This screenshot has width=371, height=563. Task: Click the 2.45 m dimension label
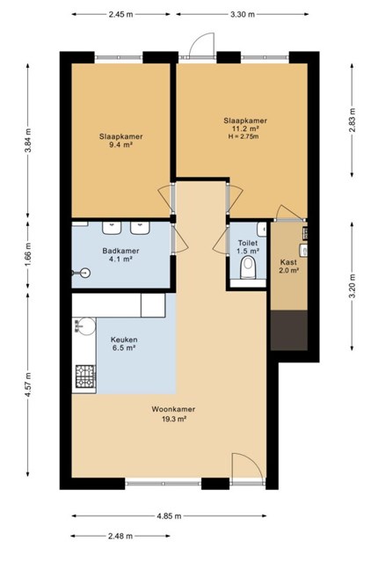(x=121, y=14)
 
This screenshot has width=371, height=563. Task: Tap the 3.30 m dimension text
(x=242, y=14)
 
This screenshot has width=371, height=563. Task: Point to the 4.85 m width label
(x=169, y=516)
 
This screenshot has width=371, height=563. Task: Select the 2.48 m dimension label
(x=120, y=536)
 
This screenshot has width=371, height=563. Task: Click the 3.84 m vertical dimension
(x=28, y=141)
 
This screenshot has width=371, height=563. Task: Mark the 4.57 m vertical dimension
(x=28, y=384)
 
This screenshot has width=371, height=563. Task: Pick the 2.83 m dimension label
(x=352, y=120)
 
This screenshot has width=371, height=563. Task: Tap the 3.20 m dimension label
(x=352, y=286)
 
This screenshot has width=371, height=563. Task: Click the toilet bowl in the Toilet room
(x=248, y=267)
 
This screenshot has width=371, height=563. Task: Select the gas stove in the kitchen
(x=85, y=377)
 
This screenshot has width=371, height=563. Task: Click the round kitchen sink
(x=85, y=326)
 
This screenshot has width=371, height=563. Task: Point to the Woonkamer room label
(x=173, y=409)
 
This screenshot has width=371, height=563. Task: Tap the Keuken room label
(x=124, y=340)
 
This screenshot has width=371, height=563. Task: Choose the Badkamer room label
(x=120, y=251)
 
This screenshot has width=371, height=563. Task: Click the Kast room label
(x=288, y=262)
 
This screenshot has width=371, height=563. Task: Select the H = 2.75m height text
(x=244, y=136)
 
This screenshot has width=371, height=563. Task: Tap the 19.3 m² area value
(x=174, y=419)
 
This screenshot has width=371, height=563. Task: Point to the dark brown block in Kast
(x=289, y=331)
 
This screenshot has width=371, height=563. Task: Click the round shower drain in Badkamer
(x=85, y=274)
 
